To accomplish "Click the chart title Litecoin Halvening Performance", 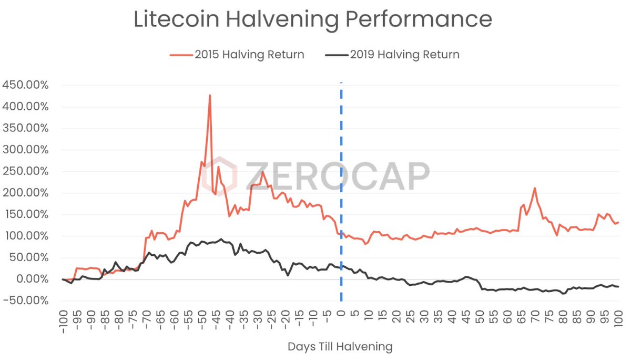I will coord(313,19).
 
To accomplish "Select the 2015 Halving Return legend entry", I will coord(237,55).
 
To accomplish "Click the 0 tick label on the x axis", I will coord(341,315).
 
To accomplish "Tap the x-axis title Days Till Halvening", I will coord(340,347).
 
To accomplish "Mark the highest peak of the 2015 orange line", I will coord(210,96).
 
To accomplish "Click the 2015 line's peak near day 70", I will coord(535,188).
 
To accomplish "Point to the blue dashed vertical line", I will coord(341,158).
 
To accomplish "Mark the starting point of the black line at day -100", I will coord(63,279).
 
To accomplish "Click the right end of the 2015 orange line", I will coord(619,222).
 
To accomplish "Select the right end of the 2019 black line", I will coord(619,286).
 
